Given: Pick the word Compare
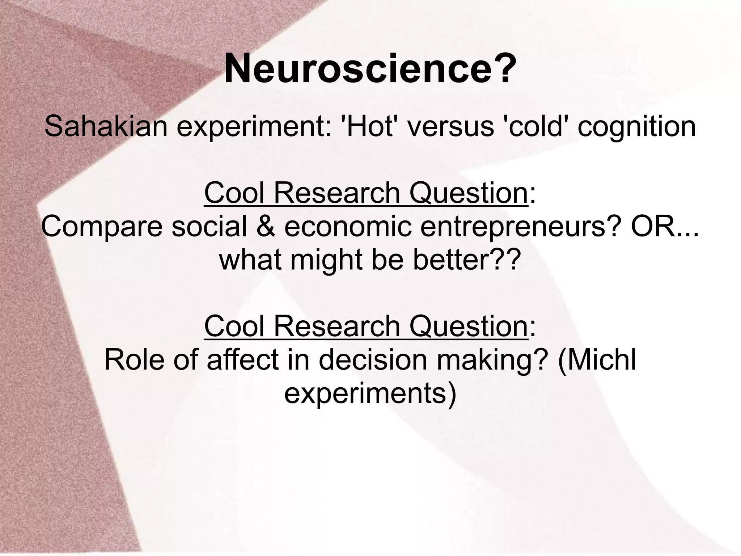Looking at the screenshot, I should [x=102, y=227].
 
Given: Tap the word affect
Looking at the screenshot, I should [x=243, y=360].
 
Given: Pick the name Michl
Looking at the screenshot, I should [x=602, y=360].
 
